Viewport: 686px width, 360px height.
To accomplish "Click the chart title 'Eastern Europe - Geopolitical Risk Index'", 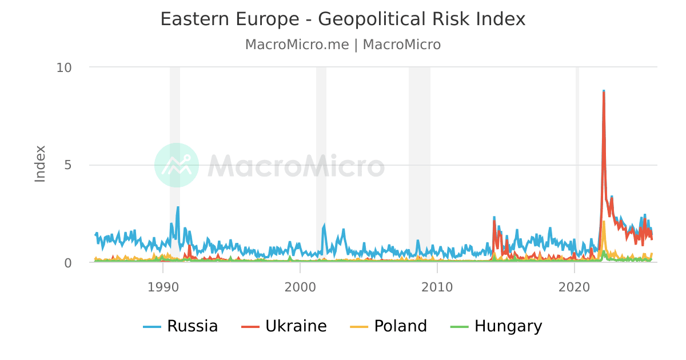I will coord(342,19).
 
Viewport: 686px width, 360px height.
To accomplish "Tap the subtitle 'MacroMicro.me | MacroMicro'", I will coord(342,45).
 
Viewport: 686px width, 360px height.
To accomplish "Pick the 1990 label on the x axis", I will coord(163,286).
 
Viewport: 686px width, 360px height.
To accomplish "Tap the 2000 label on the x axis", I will coord(300,286).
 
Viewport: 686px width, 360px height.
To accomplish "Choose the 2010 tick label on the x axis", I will coord(437,286).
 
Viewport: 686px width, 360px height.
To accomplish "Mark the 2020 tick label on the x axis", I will coord(575,286).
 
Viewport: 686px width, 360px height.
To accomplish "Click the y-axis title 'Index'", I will coord(40,163).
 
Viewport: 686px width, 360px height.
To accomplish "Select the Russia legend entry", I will coord(181,326).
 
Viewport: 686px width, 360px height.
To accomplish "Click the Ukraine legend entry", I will coord(284,326).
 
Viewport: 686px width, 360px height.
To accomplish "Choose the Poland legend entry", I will coord(388,326).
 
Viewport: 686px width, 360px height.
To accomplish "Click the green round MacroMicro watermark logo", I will coord(177,165).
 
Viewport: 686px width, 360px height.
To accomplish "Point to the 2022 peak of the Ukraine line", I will coord(604,93).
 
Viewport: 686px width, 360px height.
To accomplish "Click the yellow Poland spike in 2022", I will coord(604,222).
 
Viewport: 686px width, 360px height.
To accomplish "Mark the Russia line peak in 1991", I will coord(178,207).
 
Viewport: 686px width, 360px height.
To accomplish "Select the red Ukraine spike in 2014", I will coord(494,222).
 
